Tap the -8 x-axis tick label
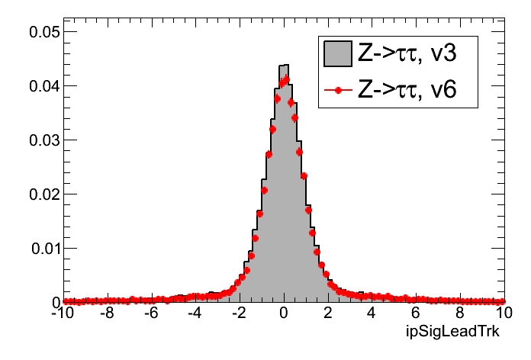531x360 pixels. [x=107, y=313]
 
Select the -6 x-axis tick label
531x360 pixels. [x=151, y=313]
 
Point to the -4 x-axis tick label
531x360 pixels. [x=195, y=313]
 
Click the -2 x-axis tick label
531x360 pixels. [x=239, y=313]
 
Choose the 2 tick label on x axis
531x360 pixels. [x=328, y=313]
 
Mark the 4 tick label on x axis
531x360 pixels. [x=372, y=313]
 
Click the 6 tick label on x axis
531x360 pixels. [x=416, y=313]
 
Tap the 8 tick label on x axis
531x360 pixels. [x=460, y=313]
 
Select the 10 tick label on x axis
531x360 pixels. [x=502, y=313]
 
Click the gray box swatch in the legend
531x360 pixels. [x=338, y=53]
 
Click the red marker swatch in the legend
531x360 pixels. [x=338, y=90]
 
